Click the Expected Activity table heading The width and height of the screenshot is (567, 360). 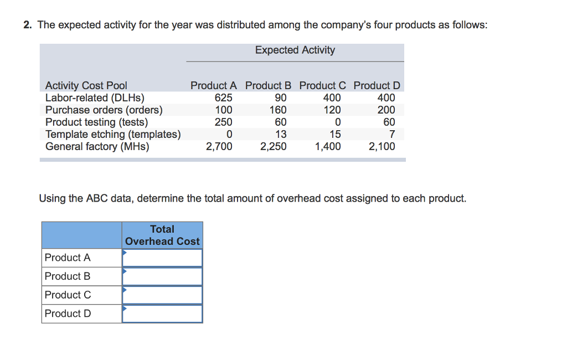point(295,50)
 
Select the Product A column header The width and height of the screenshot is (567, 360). point(213,85)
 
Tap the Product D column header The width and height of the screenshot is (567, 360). point(377,85)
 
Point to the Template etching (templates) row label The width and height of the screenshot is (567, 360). point(113,134)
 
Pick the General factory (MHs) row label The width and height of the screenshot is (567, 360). point(97,146)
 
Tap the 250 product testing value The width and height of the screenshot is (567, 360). point(223,122)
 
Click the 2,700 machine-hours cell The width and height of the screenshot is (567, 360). point(219,146)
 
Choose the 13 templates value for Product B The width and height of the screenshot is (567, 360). point(281,134)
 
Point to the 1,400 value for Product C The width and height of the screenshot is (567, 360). point(328,146)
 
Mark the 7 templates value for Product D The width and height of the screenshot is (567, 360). point(391,134)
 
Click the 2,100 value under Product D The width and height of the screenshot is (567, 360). point(382,146)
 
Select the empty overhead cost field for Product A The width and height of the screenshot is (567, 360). point(162,258)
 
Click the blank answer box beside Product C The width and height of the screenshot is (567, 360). point(162,295)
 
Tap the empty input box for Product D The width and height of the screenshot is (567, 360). point(162,313)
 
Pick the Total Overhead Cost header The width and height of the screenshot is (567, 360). point(162,235)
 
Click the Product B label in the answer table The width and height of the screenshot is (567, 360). point(68,276)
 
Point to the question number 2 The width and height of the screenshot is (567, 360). point(27,25)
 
